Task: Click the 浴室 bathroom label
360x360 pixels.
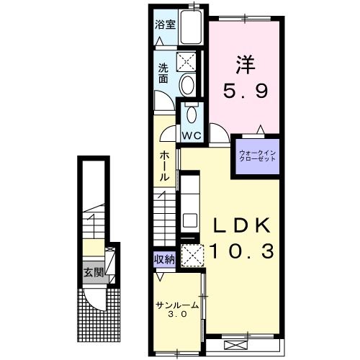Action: click(164, 23)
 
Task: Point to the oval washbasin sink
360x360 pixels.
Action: click(187, 86)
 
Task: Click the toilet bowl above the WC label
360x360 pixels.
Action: click(192, 114)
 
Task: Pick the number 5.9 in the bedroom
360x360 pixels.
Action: click(245, 91)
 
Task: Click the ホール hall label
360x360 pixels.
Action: click(166, 166)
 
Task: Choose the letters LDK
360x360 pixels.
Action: click(241, 226)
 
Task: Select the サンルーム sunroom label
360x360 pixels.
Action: click(176, 306)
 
